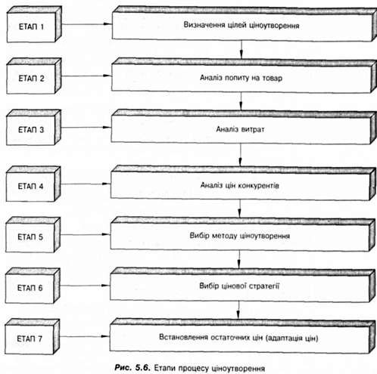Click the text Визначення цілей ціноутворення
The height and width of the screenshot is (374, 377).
tap(241, 26)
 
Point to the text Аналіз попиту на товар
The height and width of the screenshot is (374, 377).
tap(241, 78)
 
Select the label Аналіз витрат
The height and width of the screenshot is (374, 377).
tap(240, 129)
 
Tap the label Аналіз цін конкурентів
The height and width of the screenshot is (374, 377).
tap(240, 185)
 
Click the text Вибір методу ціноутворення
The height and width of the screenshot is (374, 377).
tap(240, 236)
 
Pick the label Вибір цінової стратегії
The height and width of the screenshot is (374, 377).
tap(239, 286)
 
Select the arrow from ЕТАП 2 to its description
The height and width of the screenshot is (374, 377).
tap(86, 76)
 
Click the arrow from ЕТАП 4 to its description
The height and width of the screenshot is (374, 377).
tap(86, 184)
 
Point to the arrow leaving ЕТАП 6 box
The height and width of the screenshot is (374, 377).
tap(85, 286)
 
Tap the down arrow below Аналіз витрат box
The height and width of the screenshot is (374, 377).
tap(240, 155)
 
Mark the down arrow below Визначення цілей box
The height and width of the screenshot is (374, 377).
tap(241, 50)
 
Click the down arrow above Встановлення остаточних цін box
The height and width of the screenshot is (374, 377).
tap(238, 310)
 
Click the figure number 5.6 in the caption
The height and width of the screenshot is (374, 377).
tap(143, 368)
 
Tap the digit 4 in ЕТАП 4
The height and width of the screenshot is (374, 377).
tap(41, 187)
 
